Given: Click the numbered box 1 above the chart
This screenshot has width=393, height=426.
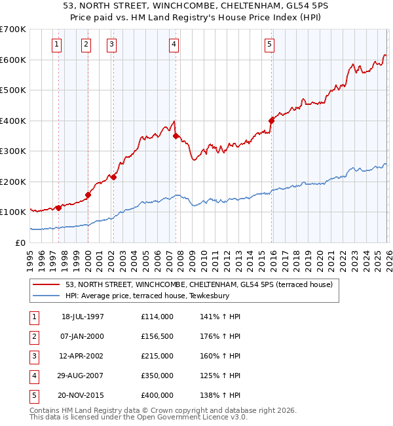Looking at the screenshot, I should tap(57, 45).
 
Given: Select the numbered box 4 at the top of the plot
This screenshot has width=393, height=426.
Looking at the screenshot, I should tap(174, 45).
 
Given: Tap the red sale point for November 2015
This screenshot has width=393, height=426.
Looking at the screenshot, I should tap(271, 120).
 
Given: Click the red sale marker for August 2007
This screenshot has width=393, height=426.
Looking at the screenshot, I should tap(176, 136).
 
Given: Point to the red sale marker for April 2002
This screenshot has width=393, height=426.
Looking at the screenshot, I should tap(113, 177).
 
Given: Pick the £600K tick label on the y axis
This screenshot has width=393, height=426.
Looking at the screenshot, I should tap(13, 60).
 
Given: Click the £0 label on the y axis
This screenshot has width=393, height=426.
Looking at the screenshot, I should tap(21, 242).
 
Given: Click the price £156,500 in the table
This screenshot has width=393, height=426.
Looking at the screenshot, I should tap(157, 336).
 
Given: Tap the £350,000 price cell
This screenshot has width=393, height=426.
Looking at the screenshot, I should tap(157, 376).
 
